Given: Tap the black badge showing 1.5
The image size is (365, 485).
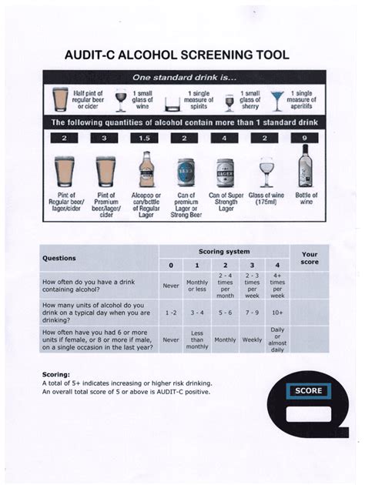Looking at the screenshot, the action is tap(144, 139).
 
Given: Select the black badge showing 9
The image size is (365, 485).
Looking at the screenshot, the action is tap(306, 139).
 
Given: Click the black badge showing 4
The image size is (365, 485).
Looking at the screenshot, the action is tap(224, 139).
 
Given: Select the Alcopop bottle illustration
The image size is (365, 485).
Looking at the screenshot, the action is tap(145, 170).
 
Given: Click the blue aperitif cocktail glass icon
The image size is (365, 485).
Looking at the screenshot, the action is tap(276, 100).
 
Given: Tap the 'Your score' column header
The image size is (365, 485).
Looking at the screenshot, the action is tap(309, 258).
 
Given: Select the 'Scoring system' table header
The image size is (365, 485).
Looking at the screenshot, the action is tap(223, 251).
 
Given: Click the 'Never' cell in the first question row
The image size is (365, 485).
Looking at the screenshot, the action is tap(171, 285).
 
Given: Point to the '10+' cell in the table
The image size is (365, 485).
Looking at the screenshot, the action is tap(277, 313).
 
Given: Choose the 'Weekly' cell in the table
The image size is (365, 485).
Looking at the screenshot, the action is tap(251, 339).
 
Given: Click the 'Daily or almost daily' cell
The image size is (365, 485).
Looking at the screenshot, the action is tap(277, 339).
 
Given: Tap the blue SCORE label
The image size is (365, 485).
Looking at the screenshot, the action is tap(307, 391).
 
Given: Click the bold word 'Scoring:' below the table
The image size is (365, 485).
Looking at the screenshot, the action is tap(55, 374).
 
